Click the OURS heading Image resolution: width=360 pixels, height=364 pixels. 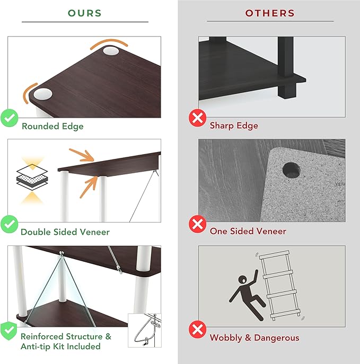coord(85,13)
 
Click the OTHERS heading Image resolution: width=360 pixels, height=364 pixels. coord(270,13)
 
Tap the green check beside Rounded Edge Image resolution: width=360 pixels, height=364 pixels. coord(10,118)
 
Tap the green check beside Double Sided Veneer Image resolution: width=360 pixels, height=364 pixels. coord(10,224)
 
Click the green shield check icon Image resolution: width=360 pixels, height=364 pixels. coord(9,331)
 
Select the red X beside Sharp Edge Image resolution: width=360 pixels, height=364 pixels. coord(197,118)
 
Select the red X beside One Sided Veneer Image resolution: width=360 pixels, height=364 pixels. coord(197,224)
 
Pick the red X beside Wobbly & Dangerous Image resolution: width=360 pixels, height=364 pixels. coord(197,329)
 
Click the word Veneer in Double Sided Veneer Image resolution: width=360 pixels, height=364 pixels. coord(95,232)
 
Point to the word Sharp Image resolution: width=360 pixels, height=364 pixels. coord(221,126)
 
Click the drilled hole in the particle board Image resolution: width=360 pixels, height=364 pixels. coord(291,171)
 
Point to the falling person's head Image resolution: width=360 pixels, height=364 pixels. coord(243,279)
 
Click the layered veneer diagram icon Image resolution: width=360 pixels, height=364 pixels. coord(32,177)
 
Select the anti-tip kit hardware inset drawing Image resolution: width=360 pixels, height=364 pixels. coord(144,330)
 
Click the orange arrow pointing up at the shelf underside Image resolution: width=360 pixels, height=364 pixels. coord(89,187)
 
